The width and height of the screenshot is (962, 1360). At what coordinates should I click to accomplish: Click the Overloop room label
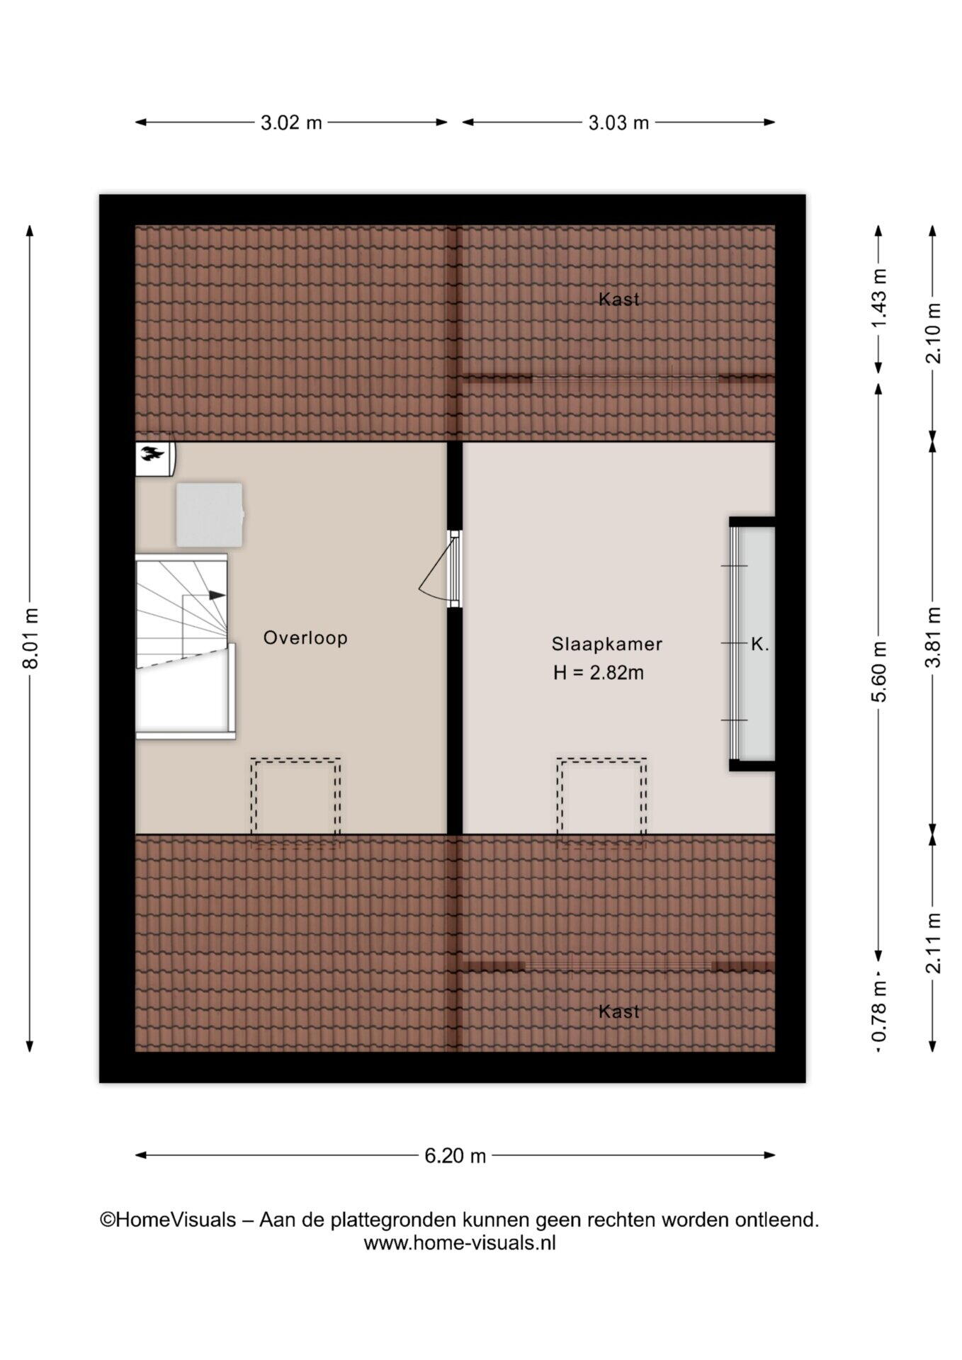(x=305, y=637)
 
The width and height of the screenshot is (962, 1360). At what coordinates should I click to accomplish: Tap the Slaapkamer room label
(x=607, y=644)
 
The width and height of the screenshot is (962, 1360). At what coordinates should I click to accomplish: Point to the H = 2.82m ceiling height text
(x=599, y=673)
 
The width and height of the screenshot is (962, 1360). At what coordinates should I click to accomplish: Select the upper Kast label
(x=619, y=299)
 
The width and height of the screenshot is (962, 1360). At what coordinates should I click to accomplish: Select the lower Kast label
(x=619, y=1011)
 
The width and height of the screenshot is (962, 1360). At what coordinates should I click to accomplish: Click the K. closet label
(x=759, y=645)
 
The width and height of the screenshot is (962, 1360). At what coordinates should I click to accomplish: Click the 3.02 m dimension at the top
(x=291, y=123)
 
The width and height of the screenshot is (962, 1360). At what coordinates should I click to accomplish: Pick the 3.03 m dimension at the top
(x=618, y=123)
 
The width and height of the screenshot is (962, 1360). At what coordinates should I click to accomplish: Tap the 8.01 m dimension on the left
(x=30, y=637)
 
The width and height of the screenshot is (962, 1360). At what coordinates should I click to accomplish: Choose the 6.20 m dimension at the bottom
(x=455, y=1156)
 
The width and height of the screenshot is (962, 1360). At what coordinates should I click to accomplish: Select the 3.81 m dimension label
(x=935, y=637)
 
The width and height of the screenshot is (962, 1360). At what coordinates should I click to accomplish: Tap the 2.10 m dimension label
(x=935, y=333)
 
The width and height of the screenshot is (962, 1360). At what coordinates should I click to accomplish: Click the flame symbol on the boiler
(x=152, y=453)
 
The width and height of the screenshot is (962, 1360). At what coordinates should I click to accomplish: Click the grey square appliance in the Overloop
(x=209, y=515)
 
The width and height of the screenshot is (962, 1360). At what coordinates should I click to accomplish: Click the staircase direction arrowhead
(x=217, y=595)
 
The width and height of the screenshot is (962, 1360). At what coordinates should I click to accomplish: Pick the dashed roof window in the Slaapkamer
(x=601, y=796)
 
